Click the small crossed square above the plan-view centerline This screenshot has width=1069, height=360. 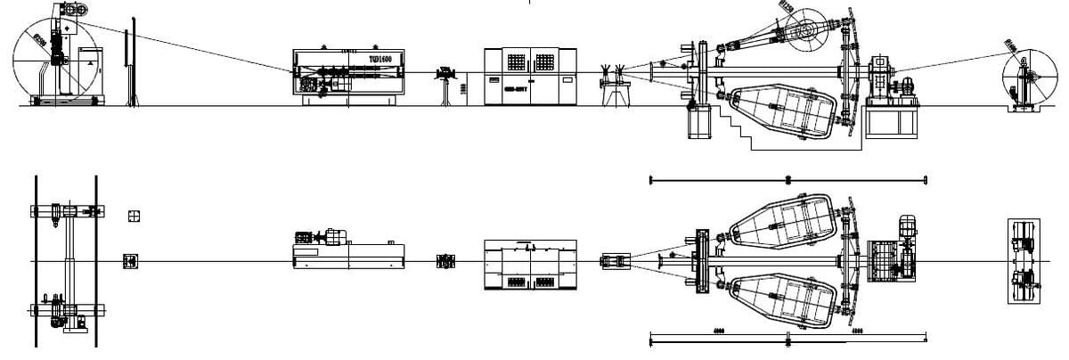pos(134,216)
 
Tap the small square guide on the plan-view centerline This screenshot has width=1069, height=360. pos(130,260)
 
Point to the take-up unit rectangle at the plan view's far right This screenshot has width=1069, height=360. pos(1023,260)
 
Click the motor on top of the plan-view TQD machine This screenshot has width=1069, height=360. pos(336,235)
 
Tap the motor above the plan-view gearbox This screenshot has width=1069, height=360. pos(907,226)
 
